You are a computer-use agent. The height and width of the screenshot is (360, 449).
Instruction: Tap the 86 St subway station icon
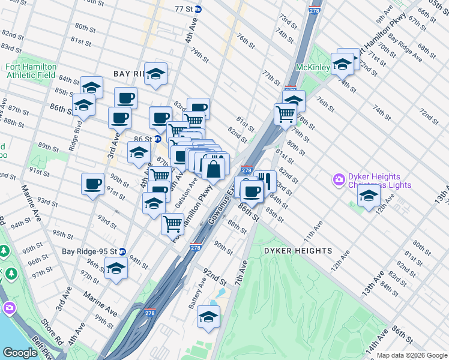coord(157,139)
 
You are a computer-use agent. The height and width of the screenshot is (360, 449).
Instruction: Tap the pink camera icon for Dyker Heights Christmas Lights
coord(340,179)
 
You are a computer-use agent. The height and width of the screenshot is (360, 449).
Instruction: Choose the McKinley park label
coord(312,68)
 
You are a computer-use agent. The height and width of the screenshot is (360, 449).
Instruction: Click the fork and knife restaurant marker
coord(265,180)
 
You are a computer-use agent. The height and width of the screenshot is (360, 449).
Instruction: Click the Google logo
coord(20,353)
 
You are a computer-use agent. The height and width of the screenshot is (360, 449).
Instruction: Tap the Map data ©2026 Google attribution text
coord(411,355)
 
